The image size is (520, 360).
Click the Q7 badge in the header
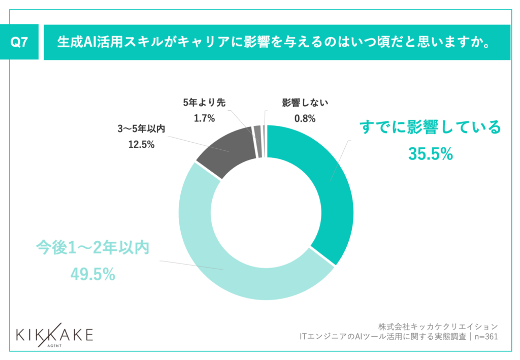[x=19, y=43]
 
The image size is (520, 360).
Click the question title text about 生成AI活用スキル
[x=274, y=43]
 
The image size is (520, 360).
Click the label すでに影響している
[x=430, y=127]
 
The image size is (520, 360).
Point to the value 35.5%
[x=430, y=153]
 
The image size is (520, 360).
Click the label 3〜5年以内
[x=141, y=129]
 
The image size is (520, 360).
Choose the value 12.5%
[x=141, y=145]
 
